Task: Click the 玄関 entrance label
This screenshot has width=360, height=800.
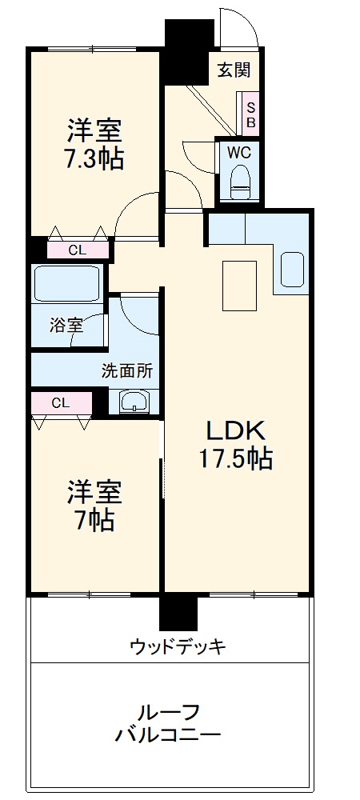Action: coord(234,70)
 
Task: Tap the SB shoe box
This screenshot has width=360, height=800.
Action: coord(250,114)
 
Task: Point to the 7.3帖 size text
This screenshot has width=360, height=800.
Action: coord(94,159)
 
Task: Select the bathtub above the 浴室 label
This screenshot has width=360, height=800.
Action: coord(66,283)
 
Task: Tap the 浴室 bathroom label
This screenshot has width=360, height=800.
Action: coord(66,326)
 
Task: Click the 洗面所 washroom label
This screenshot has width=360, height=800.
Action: coord(127,371)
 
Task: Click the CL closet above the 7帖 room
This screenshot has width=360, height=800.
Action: coord(61,402)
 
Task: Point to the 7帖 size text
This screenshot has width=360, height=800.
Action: coord(94,521)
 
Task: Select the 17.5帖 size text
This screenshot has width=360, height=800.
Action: coord(235,458)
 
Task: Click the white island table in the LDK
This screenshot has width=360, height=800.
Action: coord(239,284)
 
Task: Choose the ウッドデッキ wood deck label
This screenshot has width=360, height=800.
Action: coord(178,646)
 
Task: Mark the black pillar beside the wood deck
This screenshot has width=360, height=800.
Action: coord(178,613)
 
